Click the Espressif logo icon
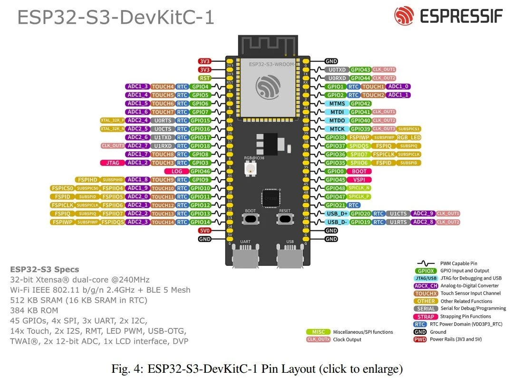pos(404,16)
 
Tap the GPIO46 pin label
pos(200,171)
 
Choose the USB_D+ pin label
pos(337,213)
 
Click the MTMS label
pos(337,104)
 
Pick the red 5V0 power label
pos(204,230)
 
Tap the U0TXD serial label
pos(337,70)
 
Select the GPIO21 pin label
pos(335,205)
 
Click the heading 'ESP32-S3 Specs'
pos(45,270)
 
